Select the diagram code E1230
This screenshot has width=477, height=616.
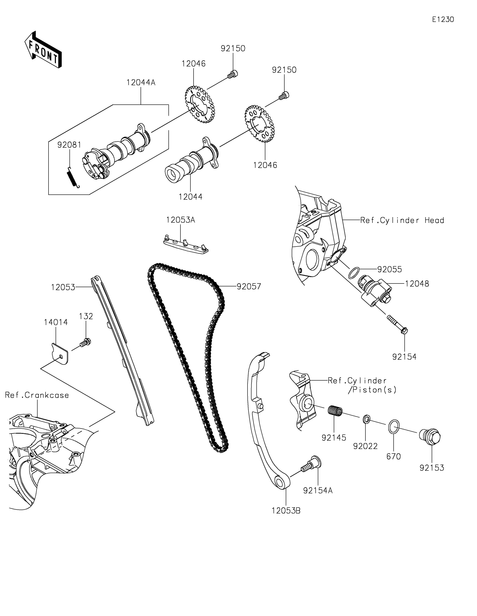(443, 20)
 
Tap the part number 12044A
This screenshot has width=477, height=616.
(141, 83)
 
